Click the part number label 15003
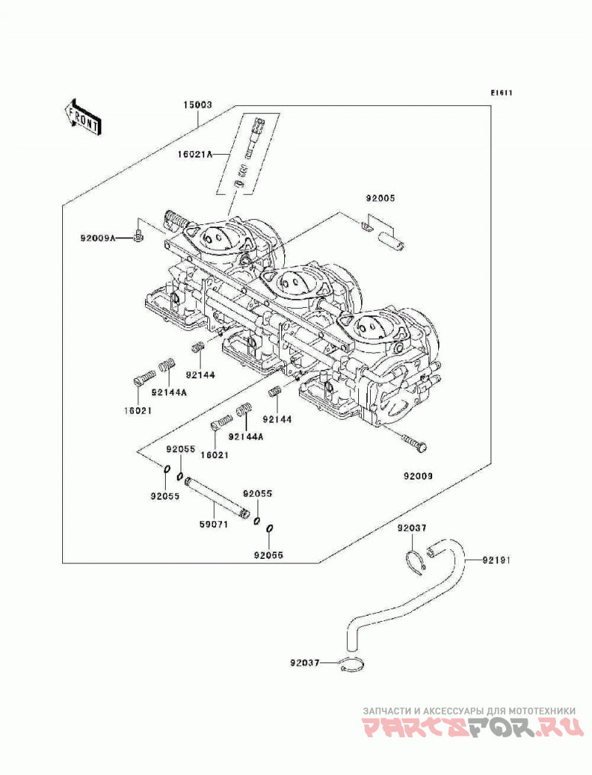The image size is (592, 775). [x=198, y=105]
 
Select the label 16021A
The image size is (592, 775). [x=195, y=155]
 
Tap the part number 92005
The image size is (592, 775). [x=380, y=198]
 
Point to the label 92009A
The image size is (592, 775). [x=98, y=238]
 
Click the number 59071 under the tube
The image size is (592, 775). [x=213, y=524]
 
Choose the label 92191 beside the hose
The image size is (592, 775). [x=497, y=560]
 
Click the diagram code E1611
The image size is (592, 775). [x=501, y=93]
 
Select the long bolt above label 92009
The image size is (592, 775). [x=414, y=443]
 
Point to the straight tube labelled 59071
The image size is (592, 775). [x=217, y=497]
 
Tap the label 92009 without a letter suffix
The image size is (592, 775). [x=418, y=476]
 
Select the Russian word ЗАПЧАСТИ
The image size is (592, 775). [x=388, y=711]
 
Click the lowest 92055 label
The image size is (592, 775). [x=269, y=555]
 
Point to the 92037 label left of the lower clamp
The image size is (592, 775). [x=306, y=662]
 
